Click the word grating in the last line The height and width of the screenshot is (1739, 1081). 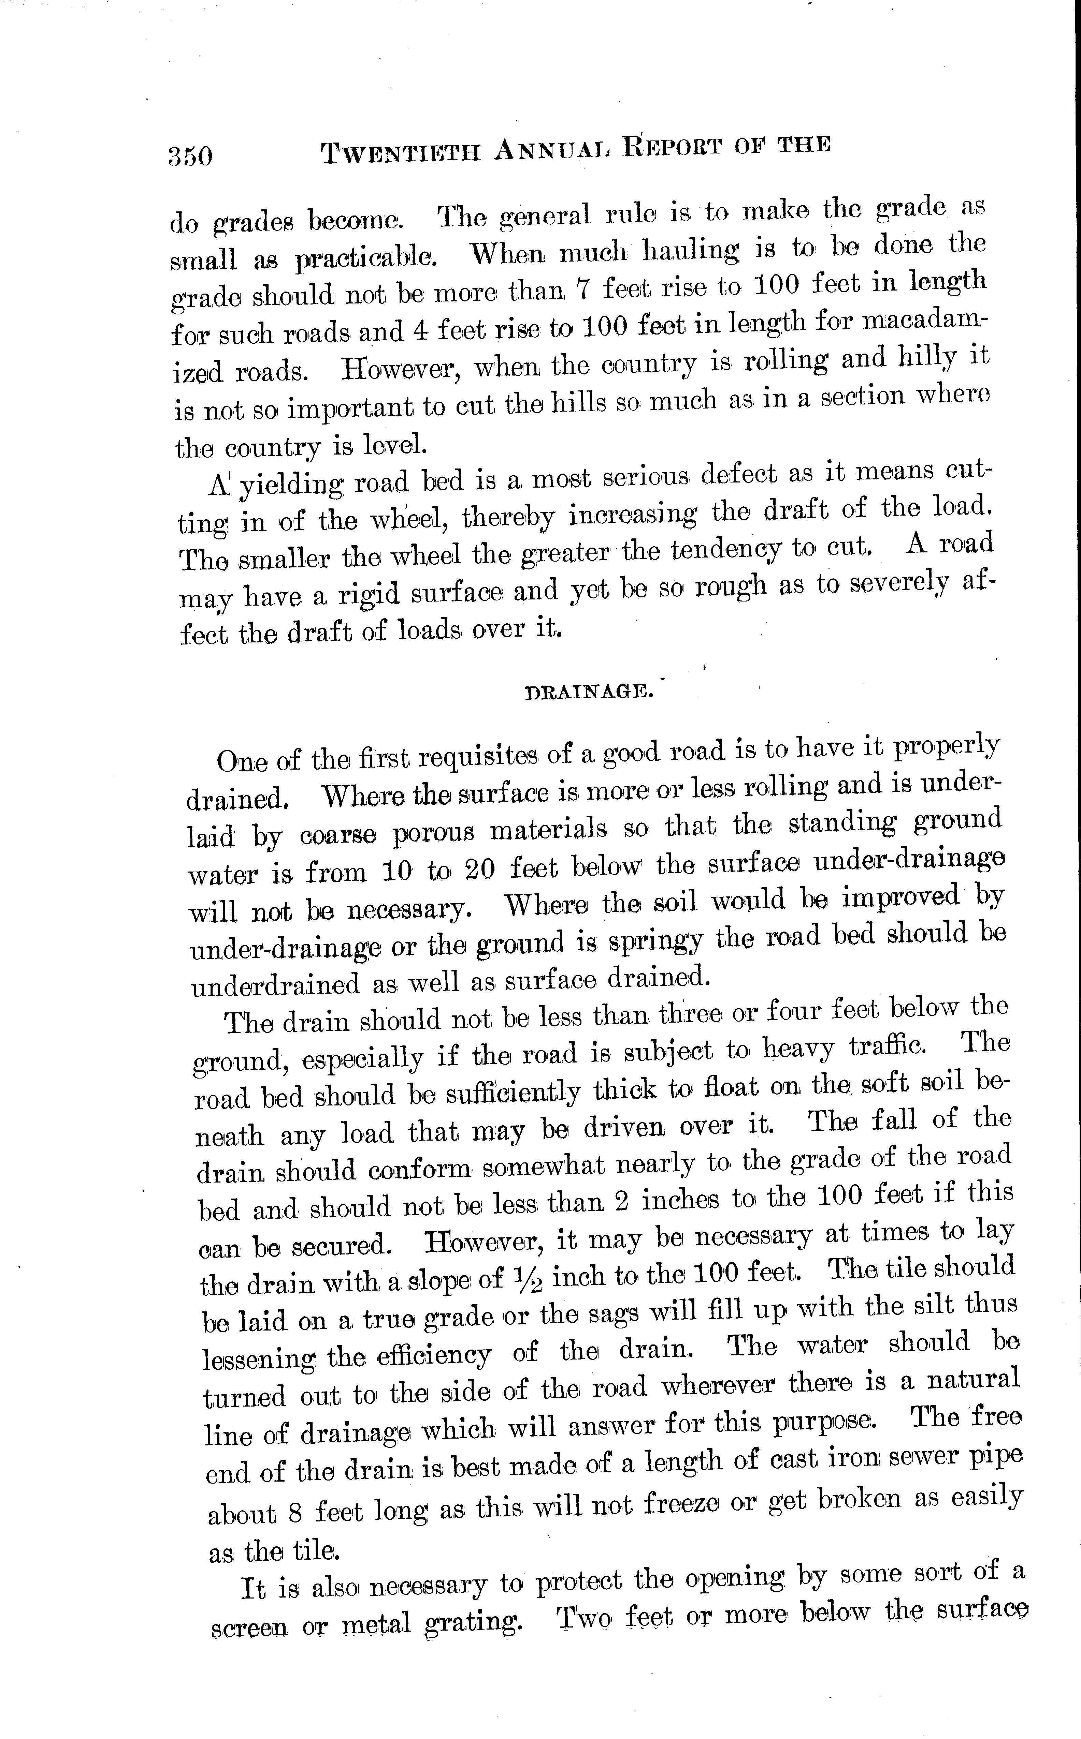pyautogui.click(x=473, y=1623)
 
